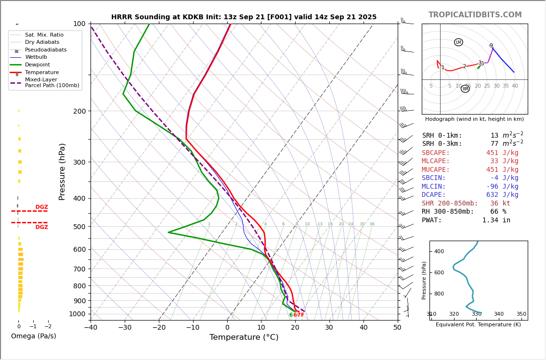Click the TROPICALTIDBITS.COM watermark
pyautogui.click(x=475, y=15)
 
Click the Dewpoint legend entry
pyautogui.click(x=37, y=65)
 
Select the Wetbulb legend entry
pyautogui.click(x=36, y=57)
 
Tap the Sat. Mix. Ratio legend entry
pyautogui.click(x=44, y=35)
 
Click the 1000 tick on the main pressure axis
pyautogui.click(x=77, y=314)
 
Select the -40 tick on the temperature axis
pyautogui.click(x=91, y=328)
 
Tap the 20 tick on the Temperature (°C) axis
pyautogui.click(x=295, y=328)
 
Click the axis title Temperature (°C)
pyautogui.click(x=244, y=337)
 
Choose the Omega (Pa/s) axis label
pyautogui.click(x=33, y=336)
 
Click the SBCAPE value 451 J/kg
pyautogui.click(x=502, y=153)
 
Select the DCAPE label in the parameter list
pyautogui.click(x=434, y=195)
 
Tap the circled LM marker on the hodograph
pyautogui.click(x=458, y=42)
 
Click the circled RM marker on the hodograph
pyautogui.click(x=465, y=89)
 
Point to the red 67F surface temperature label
pyautogui.click(x=299, y=315)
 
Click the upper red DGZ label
pyautogui.click(x=41, y=207)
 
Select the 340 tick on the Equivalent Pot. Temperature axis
pyautogui.click(x=498, y=314)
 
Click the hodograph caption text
pyautogui.click(x=474, y=119)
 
